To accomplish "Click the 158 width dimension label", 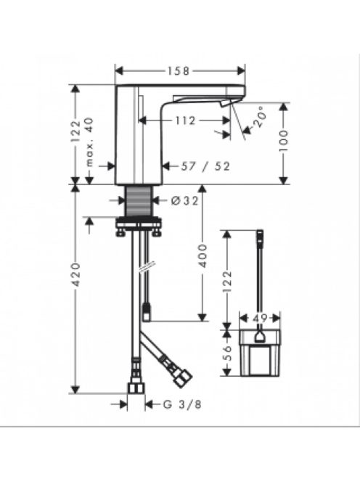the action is coord(179,71).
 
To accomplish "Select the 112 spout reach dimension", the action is coord(185,120).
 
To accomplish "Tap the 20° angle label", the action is coord(258,117).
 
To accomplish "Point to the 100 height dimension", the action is coord(284,140).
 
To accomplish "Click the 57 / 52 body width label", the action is coord(205,166).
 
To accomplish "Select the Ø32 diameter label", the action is coord(184,201).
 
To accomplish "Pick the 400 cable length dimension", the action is coord(202,256).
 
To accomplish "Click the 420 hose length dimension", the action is coord(75,274).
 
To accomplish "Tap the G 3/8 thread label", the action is coord(182,404).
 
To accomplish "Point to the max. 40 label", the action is coord(89,142).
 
